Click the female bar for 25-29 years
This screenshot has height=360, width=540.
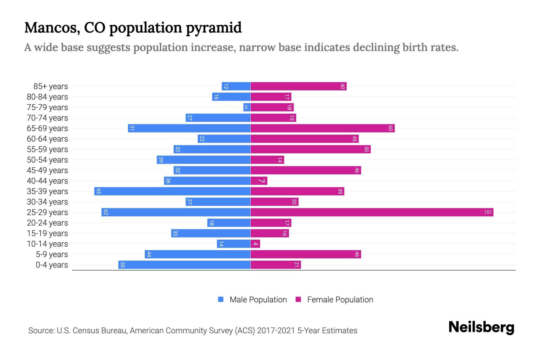pos(372,212)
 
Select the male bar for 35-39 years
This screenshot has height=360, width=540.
pos(172,191)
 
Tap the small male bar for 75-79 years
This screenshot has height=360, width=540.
pos(247,107)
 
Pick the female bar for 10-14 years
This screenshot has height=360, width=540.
pos(255,244)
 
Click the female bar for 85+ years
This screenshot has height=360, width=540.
pos(298,86)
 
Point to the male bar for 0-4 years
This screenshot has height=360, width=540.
pos(184,265)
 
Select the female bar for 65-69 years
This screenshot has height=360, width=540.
pos(322,128)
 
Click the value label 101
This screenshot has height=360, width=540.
pos(488,212)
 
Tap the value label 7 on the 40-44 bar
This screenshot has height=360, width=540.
pos(262,181)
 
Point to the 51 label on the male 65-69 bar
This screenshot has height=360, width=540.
pos(132,128)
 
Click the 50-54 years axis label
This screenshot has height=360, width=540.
pos(47,160)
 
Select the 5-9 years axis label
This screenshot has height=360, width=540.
pos(52,254)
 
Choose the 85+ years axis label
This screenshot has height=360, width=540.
pos(51,86)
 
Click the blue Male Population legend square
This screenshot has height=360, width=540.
pos(221,299)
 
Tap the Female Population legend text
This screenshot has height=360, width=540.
pos(340,300)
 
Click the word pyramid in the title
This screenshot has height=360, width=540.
pos(214,28)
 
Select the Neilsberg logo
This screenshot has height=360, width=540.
pos(481,327)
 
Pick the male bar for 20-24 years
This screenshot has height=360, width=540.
pos(229,223)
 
